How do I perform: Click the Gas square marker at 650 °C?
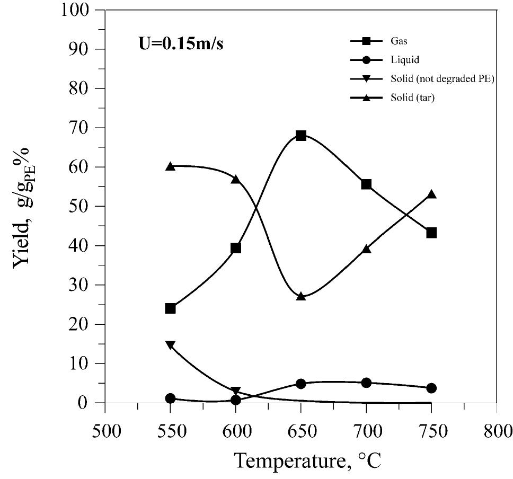click(x=301, y=136)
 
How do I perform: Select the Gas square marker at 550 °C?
click(x=170, y=308)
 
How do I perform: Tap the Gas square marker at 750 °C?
click(x=431, y=233)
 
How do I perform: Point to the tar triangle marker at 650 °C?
click(x=301, y=297)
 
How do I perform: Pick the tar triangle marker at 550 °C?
click(x=170, y=166)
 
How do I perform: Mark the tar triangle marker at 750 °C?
click(x=431, y=194)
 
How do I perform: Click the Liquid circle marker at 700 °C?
click(x=366, y=383)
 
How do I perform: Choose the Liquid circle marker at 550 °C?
click(x=170, y=398)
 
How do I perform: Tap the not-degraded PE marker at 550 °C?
click(x=170, y=345)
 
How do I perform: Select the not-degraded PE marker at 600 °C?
click(x=236, y=391)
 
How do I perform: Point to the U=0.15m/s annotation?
click(x=178, y=43)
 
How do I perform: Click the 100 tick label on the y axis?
click(x=77, y=11)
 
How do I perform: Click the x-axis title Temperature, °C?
click(x=307, y=459)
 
